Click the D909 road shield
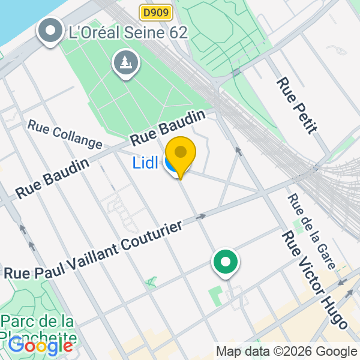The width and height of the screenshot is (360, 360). click(x=156, y=11)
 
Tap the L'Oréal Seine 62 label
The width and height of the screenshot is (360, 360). click(x=128, y=32)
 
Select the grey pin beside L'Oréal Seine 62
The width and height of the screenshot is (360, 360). click(x=50, y=30)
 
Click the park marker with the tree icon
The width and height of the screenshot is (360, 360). click(x=126, y=62)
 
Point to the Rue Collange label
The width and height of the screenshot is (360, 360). click(x=65, y=135)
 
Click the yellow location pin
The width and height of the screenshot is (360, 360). click(x=180, y=155)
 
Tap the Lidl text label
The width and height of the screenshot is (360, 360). click(x=145, y=163)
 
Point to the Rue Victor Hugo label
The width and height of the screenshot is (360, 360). click(x=314, y=280)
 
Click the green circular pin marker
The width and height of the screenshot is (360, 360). click(x=226, y=263)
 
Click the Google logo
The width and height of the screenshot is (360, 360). click(x=40, y=346)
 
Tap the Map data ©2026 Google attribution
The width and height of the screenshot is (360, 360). click(x=286, y=352)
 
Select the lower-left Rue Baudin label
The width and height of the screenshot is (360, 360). click(x=53, y=178)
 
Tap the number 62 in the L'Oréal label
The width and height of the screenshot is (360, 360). click(x=178, y=32)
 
